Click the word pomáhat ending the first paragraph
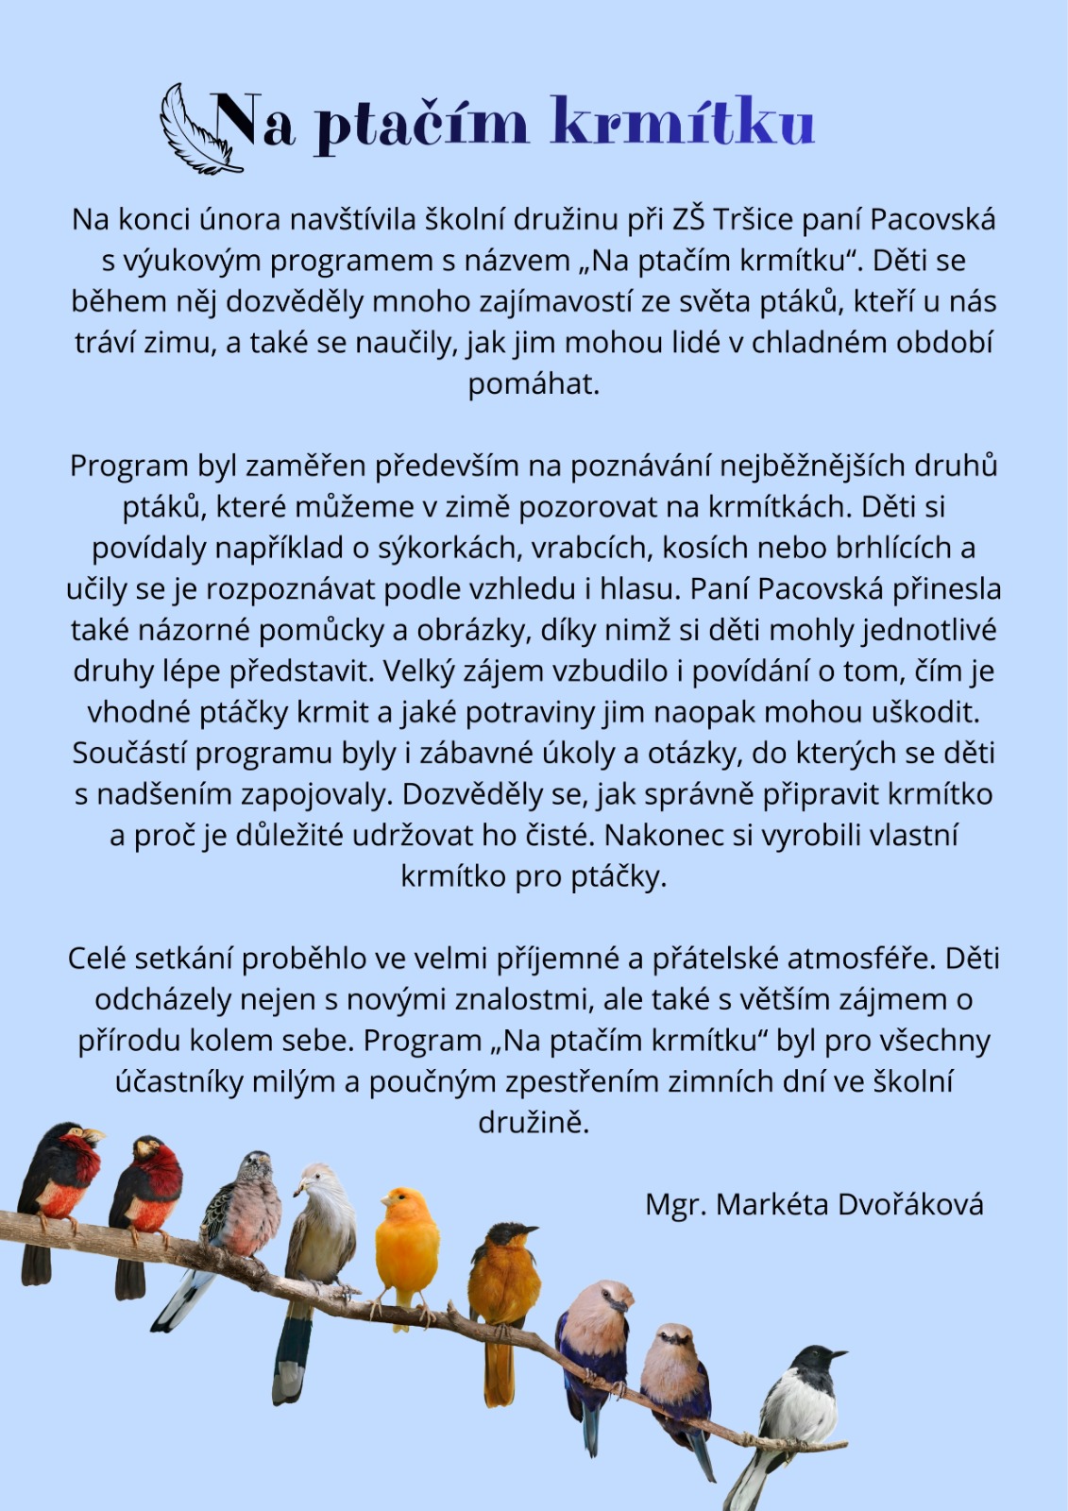click(534, 384)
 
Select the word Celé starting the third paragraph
click(97, 959)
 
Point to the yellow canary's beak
click(384, 1201)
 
